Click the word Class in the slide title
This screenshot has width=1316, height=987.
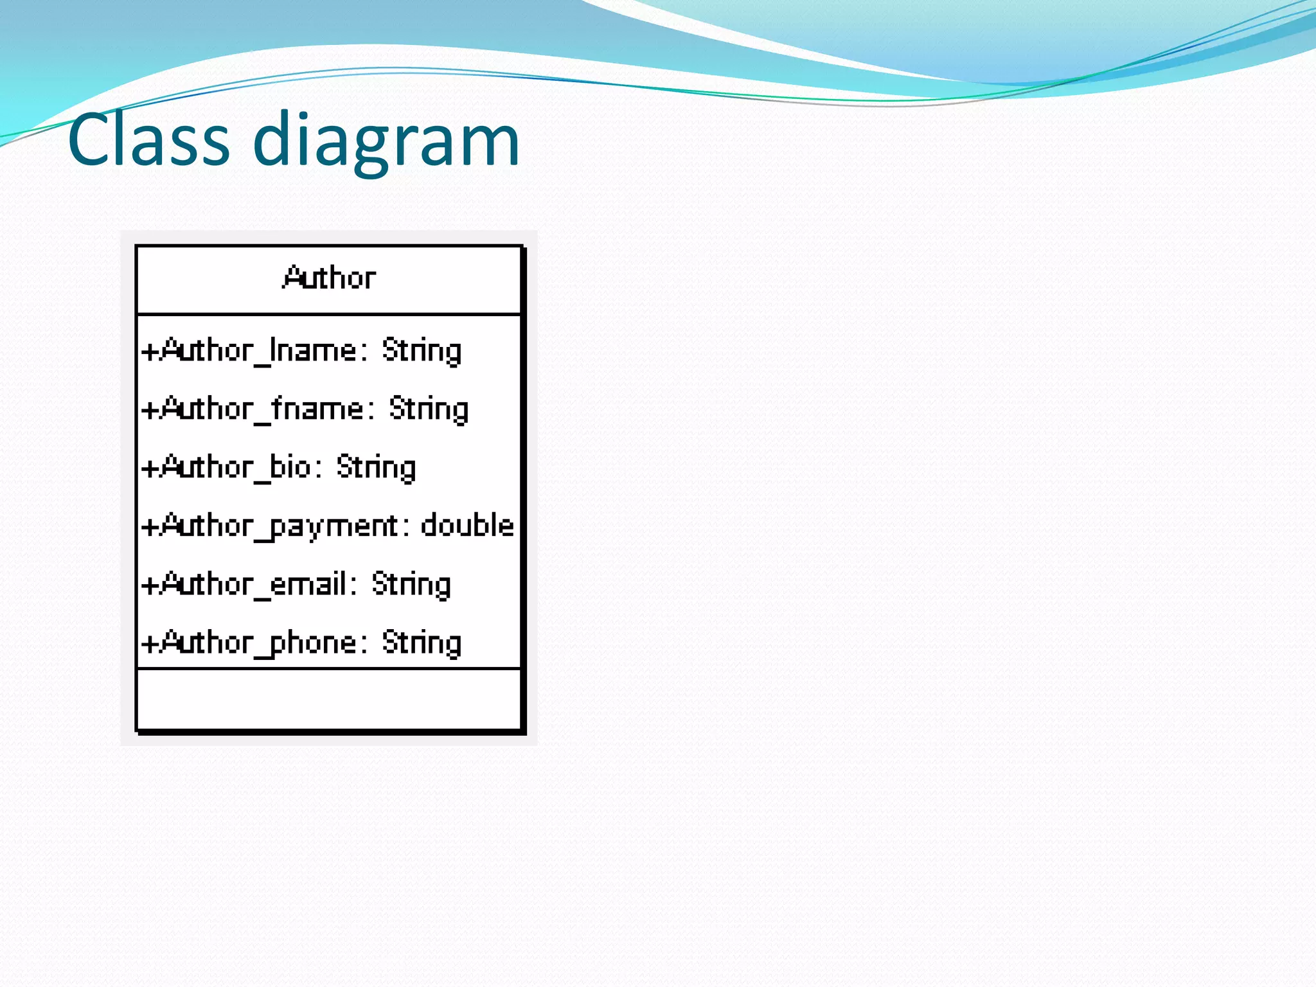point(148,139)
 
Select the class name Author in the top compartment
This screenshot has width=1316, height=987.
point(329,278)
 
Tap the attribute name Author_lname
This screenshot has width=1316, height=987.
point(258,351)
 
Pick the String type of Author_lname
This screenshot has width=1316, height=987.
point(422,351)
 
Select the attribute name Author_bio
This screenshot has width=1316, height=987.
point(236,468)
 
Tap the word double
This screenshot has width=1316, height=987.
point(467,526)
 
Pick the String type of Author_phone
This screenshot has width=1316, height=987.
point(422,643)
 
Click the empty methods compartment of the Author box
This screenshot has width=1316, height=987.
point(329,699)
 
